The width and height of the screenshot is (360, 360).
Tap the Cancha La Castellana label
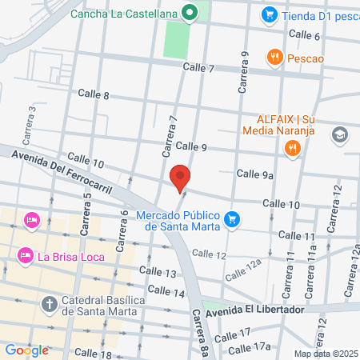point(123,13)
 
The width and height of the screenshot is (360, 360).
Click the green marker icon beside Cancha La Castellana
point(189,13)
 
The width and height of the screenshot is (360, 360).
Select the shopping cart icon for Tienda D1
point(270,14)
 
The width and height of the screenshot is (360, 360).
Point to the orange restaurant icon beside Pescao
point(275,56)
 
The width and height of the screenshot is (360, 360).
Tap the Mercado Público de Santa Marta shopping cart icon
point(233,218)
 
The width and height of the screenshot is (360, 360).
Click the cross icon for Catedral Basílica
point(48,304)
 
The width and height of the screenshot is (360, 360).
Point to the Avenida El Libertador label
point(254,310)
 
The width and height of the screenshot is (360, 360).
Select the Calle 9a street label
point(256,174)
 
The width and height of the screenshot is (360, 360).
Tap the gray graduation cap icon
point(339,134)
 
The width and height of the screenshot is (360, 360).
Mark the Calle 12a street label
point(243,269)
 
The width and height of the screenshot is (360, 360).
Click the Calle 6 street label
point(304,35)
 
